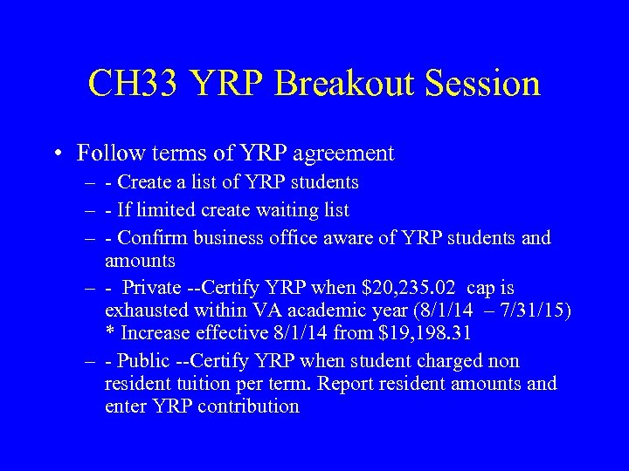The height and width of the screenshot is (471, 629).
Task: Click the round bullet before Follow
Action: click(56, 154)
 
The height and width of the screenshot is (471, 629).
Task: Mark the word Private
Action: click(151, 288)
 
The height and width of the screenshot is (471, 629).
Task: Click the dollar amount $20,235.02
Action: click(409, 288)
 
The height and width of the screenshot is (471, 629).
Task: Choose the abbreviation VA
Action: click(288, 310)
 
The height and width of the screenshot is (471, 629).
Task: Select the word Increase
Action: click(154, 332)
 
